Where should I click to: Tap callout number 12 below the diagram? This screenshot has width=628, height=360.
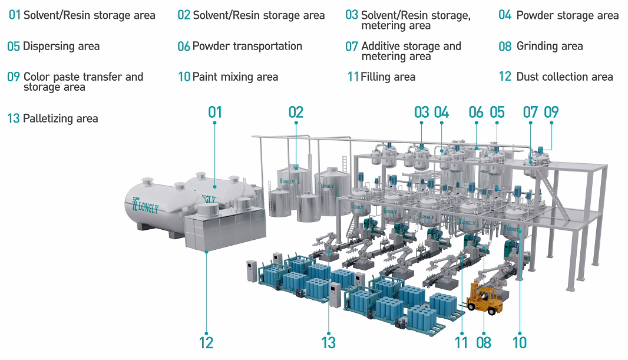(x=206, y=342)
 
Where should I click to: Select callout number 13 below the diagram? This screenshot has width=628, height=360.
(x=328, y=342)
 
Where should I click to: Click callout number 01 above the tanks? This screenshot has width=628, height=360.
(x=215, y=112)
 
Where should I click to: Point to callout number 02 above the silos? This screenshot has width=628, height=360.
(x=296, y=112)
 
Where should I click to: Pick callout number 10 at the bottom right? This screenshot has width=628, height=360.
(x=520, y=342)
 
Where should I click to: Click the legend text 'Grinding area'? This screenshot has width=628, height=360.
(x=549, y=46)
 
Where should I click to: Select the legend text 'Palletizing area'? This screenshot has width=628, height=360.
(x=60, y=118)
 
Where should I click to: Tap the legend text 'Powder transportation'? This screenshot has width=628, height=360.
(x=247, y=46)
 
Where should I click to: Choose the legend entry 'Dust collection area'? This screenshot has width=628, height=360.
(x=564, y=77)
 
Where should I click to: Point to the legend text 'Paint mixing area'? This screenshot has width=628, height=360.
(x=235, y=77)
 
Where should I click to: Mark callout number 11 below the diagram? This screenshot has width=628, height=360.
(x=461, y=342)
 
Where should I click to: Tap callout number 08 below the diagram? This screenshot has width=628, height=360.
(x=483, y=342)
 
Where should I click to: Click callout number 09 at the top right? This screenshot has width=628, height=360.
(x=551, y=112)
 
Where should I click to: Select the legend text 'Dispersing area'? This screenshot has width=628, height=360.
(x=61, y=46)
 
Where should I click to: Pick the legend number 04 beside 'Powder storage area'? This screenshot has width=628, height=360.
(x=505, y=15)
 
